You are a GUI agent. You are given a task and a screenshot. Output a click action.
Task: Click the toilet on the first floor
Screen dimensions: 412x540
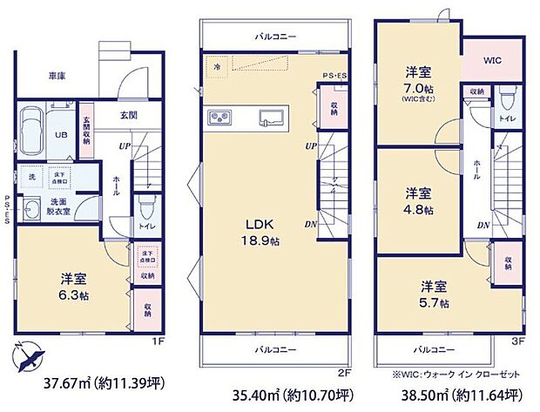(145, 206)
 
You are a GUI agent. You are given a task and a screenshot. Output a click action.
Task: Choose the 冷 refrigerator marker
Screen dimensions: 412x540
(215, 64)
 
